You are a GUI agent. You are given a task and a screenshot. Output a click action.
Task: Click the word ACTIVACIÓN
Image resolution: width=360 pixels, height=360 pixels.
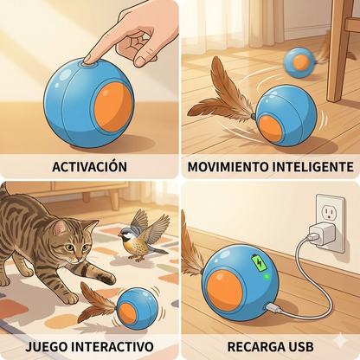[x=89, y=166]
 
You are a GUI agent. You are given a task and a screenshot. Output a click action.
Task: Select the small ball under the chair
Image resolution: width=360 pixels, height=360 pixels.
[x=301, y=61]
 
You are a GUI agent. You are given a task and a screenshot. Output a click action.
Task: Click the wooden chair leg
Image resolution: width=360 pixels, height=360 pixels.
[x=337, y=52]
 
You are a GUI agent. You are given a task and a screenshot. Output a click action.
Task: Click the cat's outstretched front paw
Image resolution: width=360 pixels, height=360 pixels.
[x=104, y=279]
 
